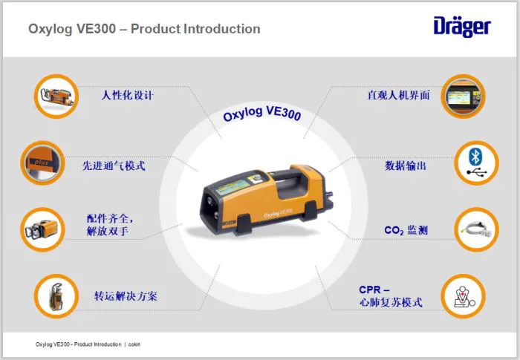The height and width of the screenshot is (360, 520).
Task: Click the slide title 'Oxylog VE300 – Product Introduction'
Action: click(144, 29)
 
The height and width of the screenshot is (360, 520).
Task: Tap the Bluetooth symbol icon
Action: click(475, 157)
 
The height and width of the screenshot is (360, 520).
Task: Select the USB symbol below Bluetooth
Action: click(476, 172)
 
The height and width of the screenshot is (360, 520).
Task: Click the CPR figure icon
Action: click(464, 296)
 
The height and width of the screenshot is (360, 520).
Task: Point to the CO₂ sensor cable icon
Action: click(477, 229)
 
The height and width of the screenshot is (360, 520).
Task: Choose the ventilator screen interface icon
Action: click(463, 96)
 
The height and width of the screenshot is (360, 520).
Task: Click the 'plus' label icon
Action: click(42, 163)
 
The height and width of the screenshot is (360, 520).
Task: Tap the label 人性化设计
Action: click(127, 96)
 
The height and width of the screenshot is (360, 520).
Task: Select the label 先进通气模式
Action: click(114, 166)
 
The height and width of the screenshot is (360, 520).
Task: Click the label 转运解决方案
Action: click(126, 296)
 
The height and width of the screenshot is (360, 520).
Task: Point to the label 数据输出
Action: click(406, 166)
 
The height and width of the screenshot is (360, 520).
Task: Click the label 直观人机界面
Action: click(398, 96)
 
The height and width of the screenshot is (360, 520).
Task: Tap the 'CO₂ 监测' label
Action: click(406, 230)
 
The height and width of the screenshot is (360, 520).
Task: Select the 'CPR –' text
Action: click(374, 289)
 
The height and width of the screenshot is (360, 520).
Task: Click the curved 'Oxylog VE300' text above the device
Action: click(262, 114)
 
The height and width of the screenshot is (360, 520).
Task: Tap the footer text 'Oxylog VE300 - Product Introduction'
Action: click(78, 344)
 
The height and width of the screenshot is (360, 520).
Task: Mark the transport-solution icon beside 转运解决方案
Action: click(56, 296)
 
